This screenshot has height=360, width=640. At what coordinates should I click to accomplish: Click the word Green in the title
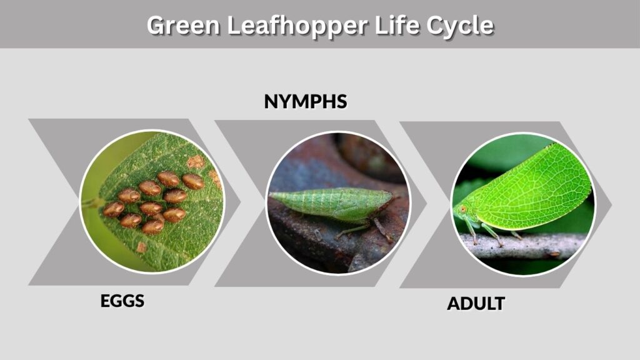pyautogui.click(x=183, y=25)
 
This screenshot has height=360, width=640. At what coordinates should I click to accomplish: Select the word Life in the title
pyautogui.click(x=397, y=25)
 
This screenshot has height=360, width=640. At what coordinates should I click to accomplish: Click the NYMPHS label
pyautogui.click(x=306, y=102)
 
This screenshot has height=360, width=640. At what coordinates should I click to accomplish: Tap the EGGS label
pyautogui.click(x=122, y=301)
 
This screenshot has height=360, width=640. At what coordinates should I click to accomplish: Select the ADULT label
pyautogui.click(x=476, y=304)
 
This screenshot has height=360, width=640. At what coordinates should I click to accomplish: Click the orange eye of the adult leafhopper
pyautogui.click(x=463, y=209)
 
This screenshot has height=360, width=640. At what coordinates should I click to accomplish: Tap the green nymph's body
pyautogui.click(x=331, y=204)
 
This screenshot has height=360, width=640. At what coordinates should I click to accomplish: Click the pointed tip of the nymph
pyautogui.click(x=271, y=196)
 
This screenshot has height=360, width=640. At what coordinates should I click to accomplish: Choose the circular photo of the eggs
pyautogui.click(x=151, y=201)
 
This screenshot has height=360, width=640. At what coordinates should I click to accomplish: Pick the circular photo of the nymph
pyautogui.click(x=338, y=203)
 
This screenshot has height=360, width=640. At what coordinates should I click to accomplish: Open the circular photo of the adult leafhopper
pyautogui.click(x=523, y=204)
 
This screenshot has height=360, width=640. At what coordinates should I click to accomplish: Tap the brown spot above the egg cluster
pyautogui.click(x=196, y=162)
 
